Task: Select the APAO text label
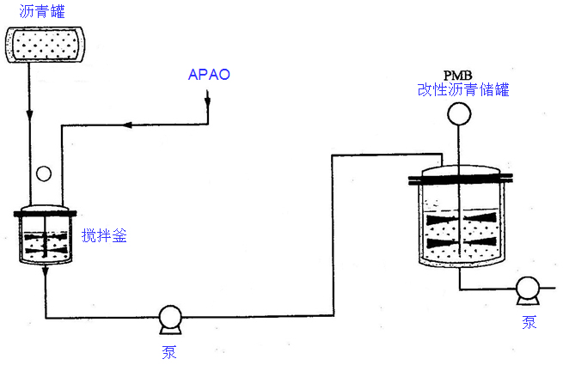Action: tap(209, 75)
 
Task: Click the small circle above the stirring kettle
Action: tap(45, 173)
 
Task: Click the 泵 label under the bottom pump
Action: tap(169, 351)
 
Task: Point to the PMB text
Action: tap(458, 75)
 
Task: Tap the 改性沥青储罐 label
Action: tap(462, 89)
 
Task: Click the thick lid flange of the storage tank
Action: tap(461, 178)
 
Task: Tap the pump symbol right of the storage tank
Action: tap(527, 291)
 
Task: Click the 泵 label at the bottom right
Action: tap(529, 323)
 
